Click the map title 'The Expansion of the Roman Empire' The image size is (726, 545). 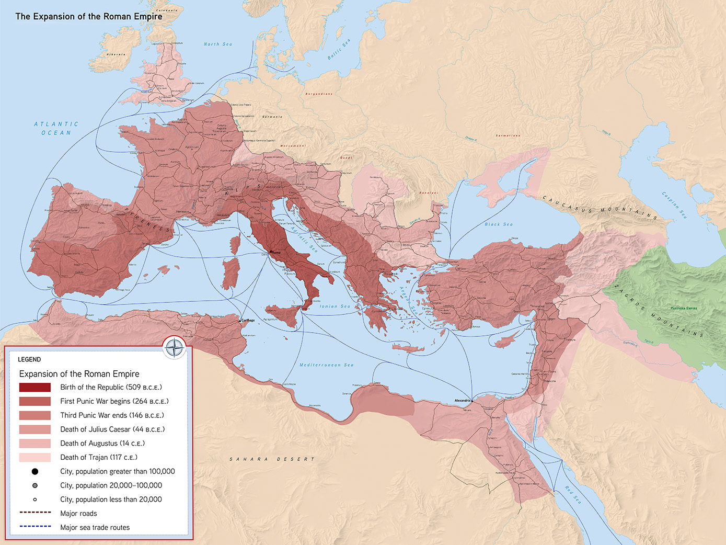(x=89, y=16)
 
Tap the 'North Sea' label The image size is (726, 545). (x=217, y=44)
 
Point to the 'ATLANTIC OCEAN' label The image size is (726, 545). (x=56, y=129)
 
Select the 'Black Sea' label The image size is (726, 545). (x=498, y=224)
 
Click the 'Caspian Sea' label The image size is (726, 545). (x=674, y=205)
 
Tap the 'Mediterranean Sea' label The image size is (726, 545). (x=326, y=365)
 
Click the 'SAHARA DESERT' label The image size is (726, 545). (x=272, y=459)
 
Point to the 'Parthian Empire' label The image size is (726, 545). (x=684, y=308)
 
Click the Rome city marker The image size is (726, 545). (x=271, y=252)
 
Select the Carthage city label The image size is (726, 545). (x=248, y=320)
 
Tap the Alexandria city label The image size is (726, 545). (x=462, y=401)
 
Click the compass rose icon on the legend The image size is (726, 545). (x=174, y=347)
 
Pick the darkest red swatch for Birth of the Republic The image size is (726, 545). (x=35, y=388)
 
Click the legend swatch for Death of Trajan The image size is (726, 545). (x=35, y=458)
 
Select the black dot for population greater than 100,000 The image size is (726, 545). (x=35, y=472)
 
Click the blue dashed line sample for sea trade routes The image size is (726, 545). (x=35, y=526)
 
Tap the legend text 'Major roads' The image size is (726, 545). (x=78, y=514)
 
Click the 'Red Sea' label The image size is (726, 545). (x=572, y=494)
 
